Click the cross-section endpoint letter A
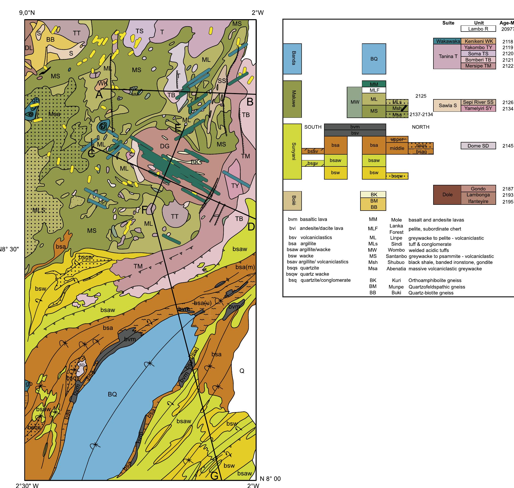[99, 95]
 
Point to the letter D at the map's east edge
[251, 227]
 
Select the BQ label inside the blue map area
[112, 394]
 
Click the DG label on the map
[165, 146]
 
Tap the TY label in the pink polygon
[235, 186]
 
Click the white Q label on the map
[242, 371]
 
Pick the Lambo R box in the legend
[478, 29]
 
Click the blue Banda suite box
[292, 59]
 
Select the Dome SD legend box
[478, 146]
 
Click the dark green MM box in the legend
[374, 84]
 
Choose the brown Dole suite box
[447, 195]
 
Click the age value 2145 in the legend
[507, 146]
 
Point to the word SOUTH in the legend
[313, 127]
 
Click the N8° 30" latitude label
[9, 249]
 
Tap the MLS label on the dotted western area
[39, 210]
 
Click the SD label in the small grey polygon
[82, 365]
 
